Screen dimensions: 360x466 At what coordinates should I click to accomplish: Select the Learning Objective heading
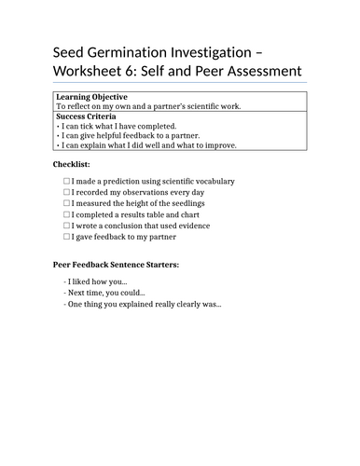pos(91,97)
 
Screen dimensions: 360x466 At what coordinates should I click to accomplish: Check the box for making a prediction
pos(66,181)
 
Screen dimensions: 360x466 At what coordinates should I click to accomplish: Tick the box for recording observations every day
pos(66,192)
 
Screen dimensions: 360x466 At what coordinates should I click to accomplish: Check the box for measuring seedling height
pos(66,203)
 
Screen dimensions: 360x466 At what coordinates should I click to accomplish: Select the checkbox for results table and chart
pos(66,214)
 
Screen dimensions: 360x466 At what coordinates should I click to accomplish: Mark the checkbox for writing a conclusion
pos(66,226)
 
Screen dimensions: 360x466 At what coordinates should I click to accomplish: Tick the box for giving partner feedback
pos(66,237)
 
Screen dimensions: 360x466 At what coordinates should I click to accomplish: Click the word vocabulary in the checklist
pos(211,181)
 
